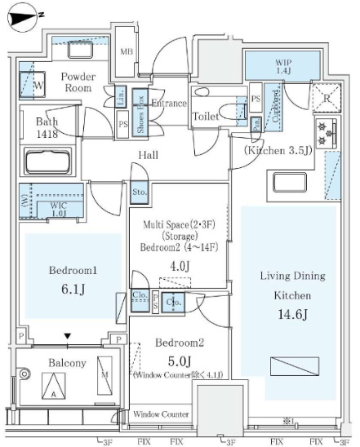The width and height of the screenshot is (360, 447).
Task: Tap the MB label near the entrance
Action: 127,53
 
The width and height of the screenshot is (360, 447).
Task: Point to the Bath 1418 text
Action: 47,129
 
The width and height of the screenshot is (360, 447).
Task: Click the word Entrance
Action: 168,104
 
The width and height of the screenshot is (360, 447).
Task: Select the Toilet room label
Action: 205,117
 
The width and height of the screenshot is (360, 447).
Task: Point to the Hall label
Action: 148,155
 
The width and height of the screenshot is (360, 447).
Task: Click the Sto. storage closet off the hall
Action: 138,193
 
